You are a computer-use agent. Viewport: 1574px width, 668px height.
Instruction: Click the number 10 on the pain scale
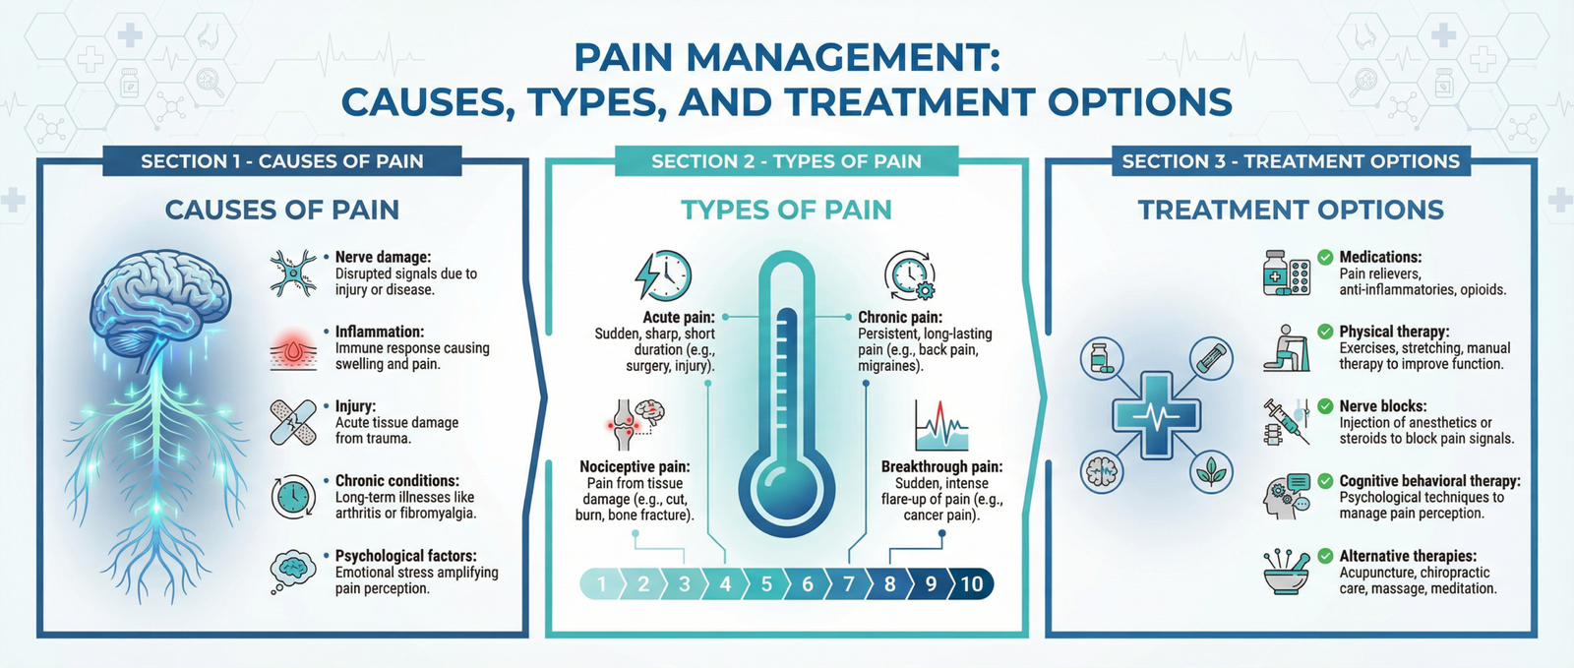pyautogui.click(x=971, y=584)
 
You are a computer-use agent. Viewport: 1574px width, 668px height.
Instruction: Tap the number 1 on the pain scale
pyautogui.click(x=602, y=584)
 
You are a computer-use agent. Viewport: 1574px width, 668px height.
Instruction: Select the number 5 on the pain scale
pyautogui.click(x=765, y=584)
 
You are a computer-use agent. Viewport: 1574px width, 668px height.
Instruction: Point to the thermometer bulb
pyautogui.click(x=786, y=483)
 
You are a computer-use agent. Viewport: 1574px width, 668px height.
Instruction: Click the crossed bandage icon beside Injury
pyautogui.click(x=292, y=422)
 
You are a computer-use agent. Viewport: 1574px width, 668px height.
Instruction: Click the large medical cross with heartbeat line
pyautogui.click(x=1156, y=414)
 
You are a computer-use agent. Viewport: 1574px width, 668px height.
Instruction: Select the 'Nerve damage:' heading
pyautogui.click(x=383, y=258)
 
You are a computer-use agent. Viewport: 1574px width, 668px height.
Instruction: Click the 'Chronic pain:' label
pyautogui.click(x=900, y=318)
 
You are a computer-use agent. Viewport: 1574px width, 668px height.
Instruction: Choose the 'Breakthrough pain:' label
pyautogui.click(x=941, y=467)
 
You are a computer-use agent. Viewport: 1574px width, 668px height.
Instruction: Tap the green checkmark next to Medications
pyautogui.click(x=1325, y=258)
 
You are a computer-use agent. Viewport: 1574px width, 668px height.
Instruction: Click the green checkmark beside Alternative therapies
pyautogui.click(x=1325, y=556)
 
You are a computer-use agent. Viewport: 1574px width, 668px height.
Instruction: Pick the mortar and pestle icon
pyautogui.click(x=1286, y=572)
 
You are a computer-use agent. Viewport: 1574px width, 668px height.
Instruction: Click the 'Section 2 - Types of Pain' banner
pyautogui.click(x=786, y=161)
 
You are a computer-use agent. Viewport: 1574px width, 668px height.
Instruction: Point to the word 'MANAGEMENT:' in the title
pyautogui.click(x=842, y=57)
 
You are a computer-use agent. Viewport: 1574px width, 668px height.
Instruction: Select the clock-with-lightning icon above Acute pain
pyautogui.click(x=663, y=276)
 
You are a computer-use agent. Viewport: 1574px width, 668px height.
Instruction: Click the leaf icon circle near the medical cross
pyautogui.click(x=1211, y=473)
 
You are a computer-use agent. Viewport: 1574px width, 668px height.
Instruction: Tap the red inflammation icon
pyautogui.click(x=292, y=350)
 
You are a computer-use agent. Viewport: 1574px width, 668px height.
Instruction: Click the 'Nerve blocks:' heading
pyautogui.click(x=1382, y=406)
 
